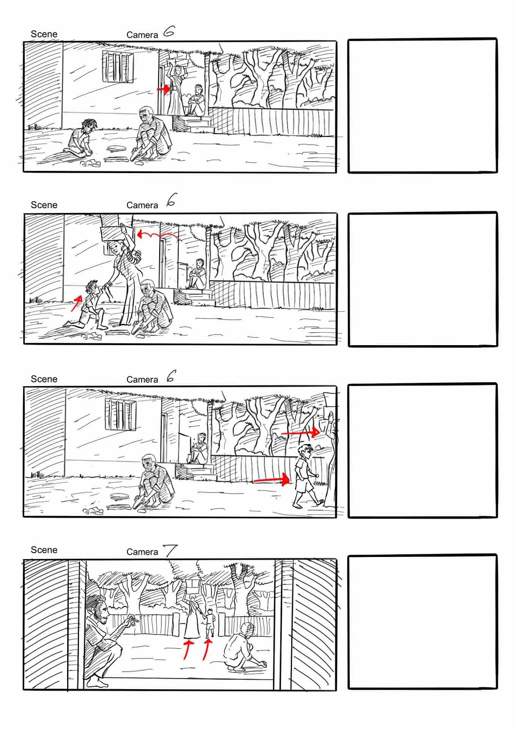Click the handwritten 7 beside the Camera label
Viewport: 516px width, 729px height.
(x=170, y=551)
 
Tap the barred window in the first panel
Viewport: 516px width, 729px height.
(x=118, y=66)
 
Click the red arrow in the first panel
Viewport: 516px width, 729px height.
(x=163, y=89)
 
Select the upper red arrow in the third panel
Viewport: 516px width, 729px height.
(x=300, y=433)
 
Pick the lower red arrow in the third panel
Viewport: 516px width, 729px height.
(x=271, y=480)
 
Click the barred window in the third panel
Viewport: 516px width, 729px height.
(x=121, y=414)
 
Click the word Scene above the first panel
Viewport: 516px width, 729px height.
(x=44, y=34)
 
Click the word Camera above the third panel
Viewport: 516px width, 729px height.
(x=142, y=380)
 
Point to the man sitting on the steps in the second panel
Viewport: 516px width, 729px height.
(x=197, y=274)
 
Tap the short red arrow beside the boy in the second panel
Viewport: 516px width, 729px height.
(x=77, y=303)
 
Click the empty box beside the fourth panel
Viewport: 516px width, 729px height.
(x=422, y=622)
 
